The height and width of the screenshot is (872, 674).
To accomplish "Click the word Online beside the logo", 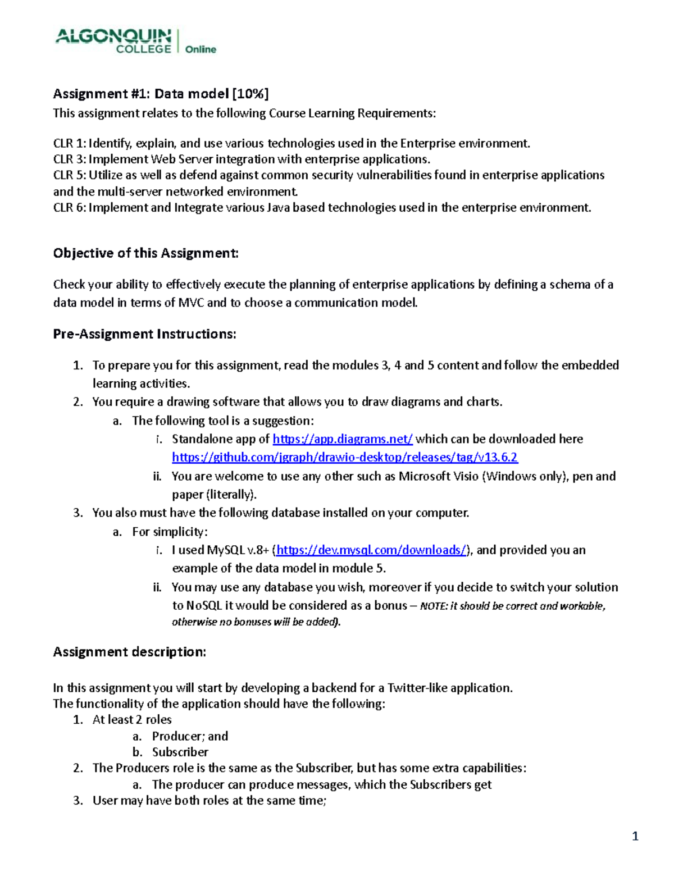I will coord(201,49).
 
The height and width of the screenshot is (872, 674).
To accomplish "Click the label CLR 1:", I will coord(69,143).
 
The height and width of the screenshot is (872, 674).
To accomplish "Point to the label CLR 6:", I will coord(69,208).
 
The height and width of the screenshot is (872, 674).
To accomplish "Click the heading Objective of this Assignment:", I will coord(145,253).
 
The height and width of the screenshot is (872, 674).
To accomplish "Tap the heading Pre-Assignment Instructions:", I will coord(144,334).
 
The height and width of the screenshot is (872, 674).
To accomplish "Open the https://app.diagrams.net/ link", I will coord(343,439).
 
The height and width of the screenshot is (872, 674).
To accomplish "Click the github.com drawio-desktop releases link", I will coord(344,458).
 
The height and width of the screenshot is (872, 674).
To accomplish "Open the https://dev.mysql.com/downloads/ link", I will coord(371,550).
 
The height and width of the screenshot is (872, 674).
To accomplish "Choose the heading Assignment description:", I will coord(129,652).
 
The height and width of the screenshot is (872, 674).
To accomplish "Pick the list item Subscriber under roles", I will coord(180,752).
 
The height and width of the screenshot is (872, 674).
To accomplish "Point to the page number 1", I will coord(635,837).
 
